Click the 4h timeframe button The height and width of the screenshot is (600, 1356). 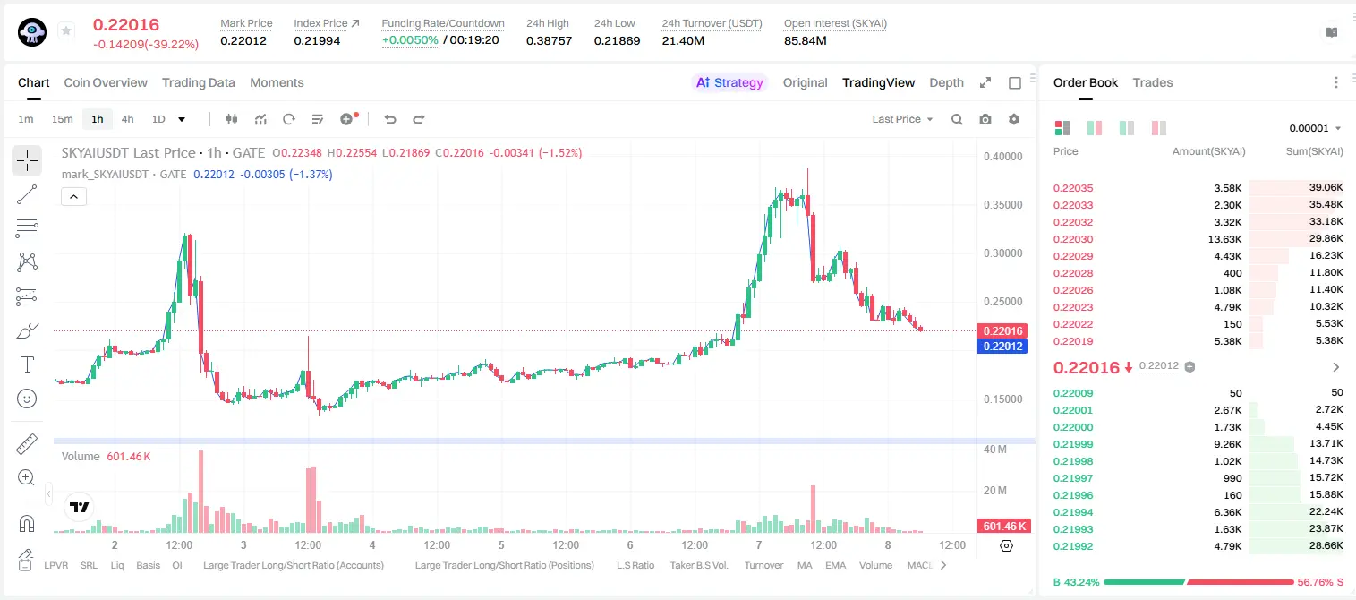[x=127, y=119]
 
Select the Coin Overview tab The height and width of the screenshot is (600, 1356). [x=106, y=82]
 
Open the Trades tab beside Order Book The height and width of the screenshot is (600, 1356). [x=1152, y=82]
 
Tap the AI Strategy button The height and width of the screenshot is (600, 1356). [x=729, y=82]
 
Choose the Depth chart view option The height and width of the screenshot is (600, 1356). [x=946, y=82]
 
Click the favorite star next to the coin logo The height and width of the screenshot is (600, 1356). [x=66, y=30]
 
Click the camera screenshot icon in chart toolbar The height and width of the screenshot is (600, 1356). [x=985, y=119]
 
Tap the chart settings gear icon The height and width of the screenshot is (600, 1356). [x=1014, y=119]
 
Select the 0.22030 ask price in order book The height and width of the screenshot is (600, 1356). [x=1072, y=239]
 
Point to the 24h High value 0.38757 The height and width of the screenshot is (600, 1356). [x=549, y=40]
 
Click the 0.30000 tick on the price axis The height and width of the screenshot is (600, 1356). [x=1002, y=253]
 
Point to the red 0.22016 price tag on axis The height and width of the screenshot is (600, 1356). [x=1002, y=330]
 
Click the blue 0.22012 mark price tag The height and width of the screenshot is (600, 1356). [x=1002, y=347]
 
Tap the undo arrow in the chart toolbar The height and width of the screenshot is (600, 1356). [x=390, y=119]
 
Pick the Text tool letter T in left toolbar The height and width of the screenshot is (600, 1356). [x=27, y=364]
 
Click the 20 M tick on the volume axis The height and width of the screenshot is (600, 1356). [x=994, y=491]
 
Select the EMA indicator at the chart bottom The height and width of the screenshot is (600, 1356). [x=835, y=565]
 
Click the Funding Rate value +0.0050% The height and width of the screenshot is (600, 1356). [x=410, y=40]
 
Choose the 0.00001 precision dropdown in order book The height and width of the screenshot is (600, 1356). [x=1315, y=128]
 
